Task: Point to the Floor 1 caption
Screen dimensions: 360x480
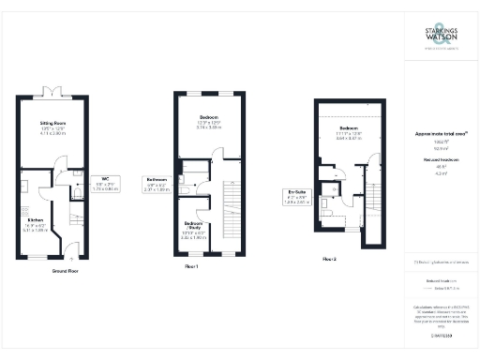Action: tap(195, 266)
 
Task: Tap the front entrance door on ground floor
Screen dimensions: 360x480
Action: tap(72, 255)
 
